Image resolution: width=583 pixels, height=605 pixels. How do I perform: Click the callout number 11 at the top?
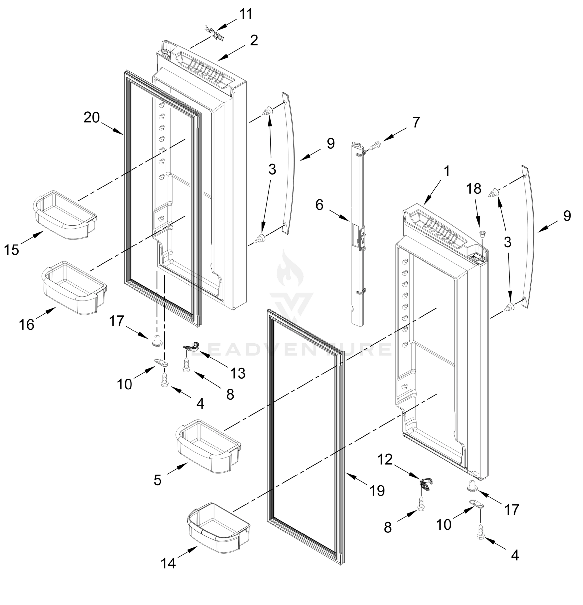point(246,14)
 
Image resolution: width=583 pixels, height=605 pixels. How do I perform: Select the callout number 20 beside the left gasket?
point(92,118)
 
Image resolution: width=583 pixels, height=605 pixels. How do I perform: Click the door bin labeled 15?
point(64,215)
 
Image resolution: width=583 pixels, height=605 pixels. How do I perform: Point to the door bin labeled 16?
point(74,288)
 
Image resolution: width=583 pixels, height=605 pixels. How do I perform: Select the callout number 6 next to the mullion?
point(319,205)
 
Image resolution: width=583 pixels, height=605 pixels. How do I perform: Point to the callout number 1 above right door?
point(447,171)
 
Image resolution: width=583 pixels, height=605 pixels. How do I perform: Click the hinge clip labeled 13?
point(191,347)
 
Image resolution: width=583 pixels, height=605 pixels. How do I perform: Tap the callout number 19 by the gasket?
point(377,491)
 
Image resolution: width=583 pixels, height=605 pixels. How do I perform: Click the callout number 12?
point(385,460)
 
